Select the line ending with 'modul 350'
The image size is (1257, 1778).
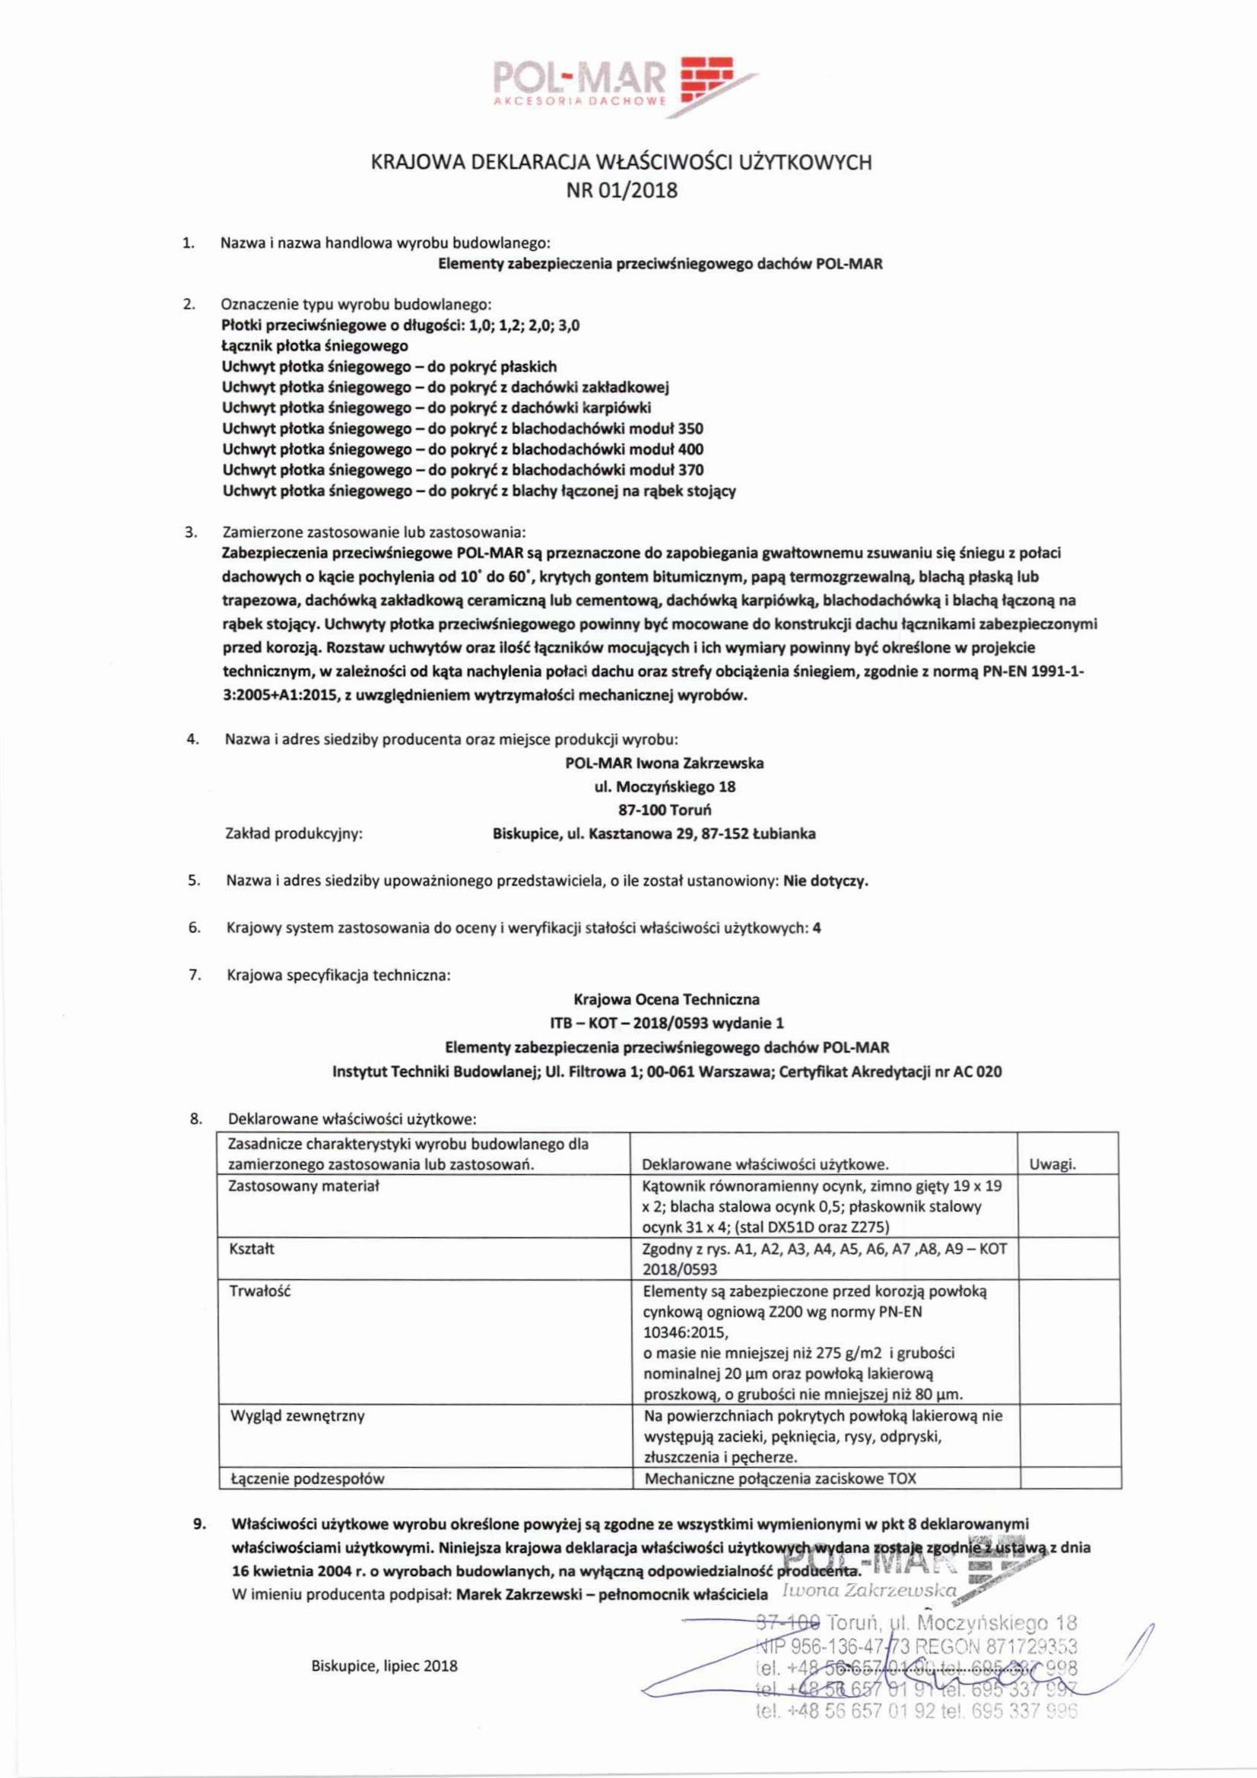(462, 428)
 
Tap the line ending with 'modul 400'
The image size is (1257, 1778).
(462, 449)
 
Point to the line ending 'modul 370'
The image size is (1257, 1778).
(462, 470)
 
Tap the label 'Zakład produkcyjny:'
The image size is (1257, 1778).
(294, 834)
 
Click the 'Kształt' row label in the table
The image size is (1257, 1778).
(252, 1250)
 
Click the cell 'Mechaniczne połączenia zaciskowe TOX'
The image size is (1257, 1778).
(779, 1478)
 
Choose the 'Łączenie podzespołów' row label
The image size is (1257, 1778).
(307, 1479)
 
